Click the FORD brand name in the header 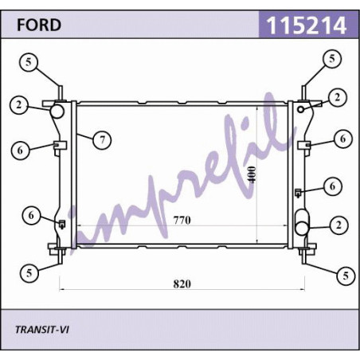(x=39, y=25)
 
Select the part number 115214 (x=307, y=25)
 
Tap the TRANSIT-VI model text (x=42, y=330)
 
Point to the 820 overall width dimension (x=182, y=284)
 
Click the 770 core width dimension (x=182, y=220)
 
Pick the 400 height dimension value (x=252, y=174)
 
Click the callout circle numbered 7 (x=102, y=139)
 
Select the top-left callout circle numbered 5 (x=29, y=63)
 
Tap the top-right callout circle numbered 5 (x=332, y=59)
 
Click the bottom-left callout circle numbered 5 (x=29, y=273)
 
